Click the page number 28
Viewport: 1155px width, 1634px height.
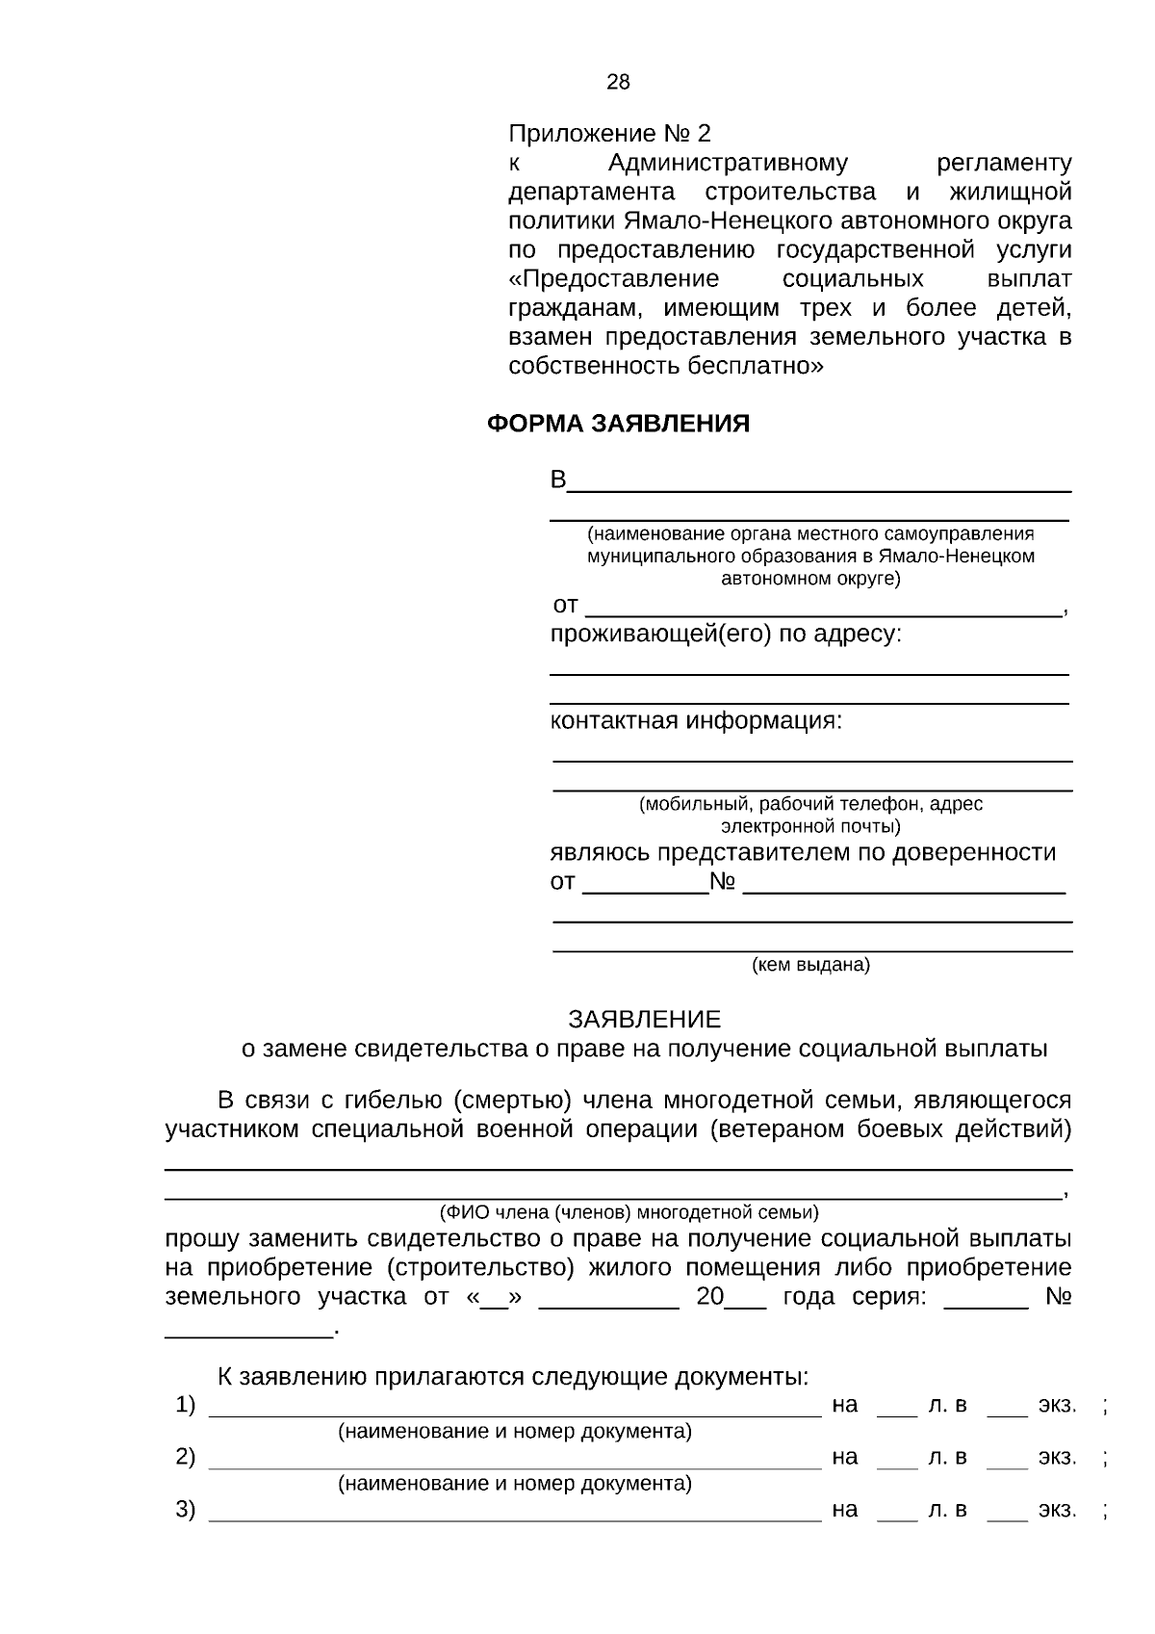[x=618, y=83]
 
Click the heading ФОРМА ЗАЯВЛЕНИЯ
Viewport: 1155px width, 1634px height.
[x=618, y=424]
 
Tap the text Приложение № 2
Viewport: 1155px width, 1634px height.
[x=609, y=133]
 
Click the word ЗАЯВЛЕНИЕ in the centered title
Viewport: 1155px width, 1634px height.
[x=644, y=1019]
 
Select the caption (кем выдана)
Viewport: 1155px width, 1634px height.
[x=810, y=965]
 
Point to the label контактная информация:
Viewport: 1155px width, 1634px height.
[x=695, y=721]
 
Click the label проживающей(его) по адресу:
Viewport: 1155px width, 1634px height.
[x=726, y=635]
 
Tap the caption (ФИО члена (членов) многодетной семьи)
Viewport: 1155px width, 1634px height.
[x=629, y=1212]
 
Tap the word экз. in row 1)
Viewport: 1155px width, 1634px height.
[x=1057, y=1405]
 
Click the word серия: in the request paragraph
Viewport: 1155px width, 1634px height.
[x=889, y=1296]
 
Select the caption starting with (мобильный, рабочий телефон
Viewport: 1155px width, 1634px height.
[x=810, y=804]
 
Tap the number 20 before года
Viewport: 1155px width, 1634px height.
[x=710, y=1296]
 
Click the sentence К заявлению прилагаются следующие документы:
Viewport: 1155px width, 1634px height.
[x=512, y=1377]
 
